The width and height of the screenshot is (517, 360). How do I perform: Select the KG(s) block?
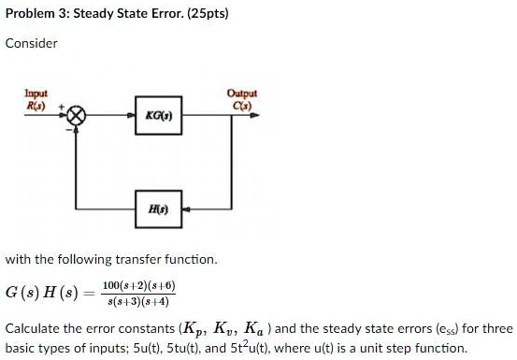tap(156, 117)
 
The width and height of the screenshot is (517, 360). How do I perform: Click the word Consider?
tap(32, 43)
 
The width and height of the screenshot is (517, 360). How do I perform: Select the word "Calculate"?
tap(33, 330)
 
